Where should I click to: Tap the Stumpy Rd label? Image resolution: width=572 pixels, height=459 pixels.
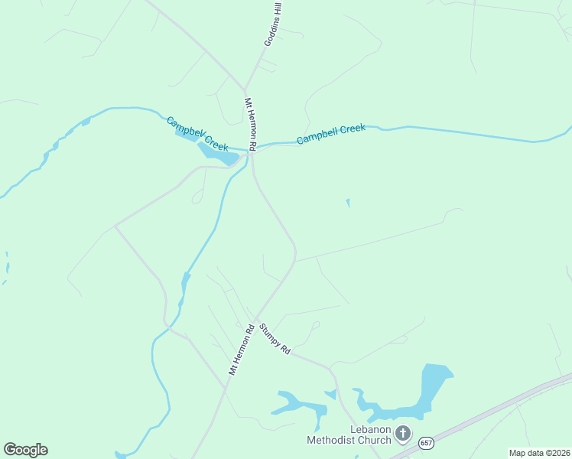coord(275,339)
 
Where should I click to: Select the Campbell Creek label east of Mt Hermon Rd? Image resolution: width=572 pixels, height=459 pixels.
coord(331,134)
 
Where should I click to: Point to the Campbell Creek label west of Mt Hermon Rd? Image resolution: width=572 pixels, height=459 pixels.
coord(197,133)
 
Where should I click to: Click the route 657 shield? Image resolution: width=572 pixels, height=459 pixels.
coord(425,442)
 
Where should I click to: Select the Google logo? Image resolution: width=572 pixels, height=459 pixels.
coord(25,450)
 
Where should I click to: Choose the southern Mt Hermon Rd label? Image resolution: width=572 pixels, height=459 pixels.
coord(241,350)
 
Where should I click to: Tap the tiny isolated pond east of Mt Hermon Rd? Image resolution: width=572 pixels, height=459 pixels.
coord(348,203)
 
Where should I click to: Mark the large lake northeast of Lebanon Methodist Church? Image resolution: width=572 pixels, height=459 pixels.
coord(432,386)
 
